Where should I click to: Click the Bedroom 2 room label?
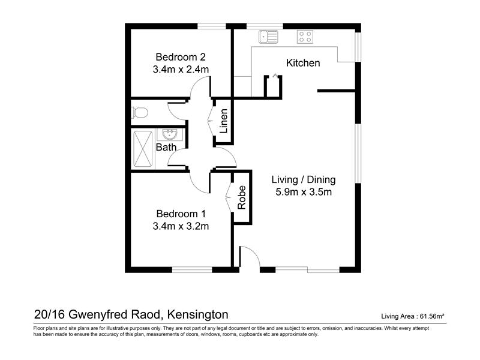181,57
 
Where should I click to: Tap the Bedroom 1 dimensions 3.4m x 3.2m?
181,226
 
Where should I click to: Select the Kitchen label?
303,63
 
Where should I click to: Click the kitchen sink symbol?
268,37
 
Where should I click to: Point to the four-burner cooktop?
305,37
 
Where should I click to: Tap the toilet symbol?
140,112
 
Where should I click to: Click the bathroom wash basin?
170,134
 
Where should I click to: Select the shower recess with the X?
143,149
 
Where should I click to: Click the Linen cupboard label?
224,121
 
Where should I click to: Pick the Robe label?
242,197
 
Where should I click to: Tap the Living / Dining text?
304,179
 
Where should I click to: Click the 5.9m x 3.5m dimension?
304,192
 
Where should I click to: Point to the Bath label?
166,147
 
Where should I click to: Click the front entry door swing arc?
254,252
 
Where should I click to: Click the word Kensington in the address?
198,314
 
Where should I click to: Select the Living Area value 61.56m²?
432,316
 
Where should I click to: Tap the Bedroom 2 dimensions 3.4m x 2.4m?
181,70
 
